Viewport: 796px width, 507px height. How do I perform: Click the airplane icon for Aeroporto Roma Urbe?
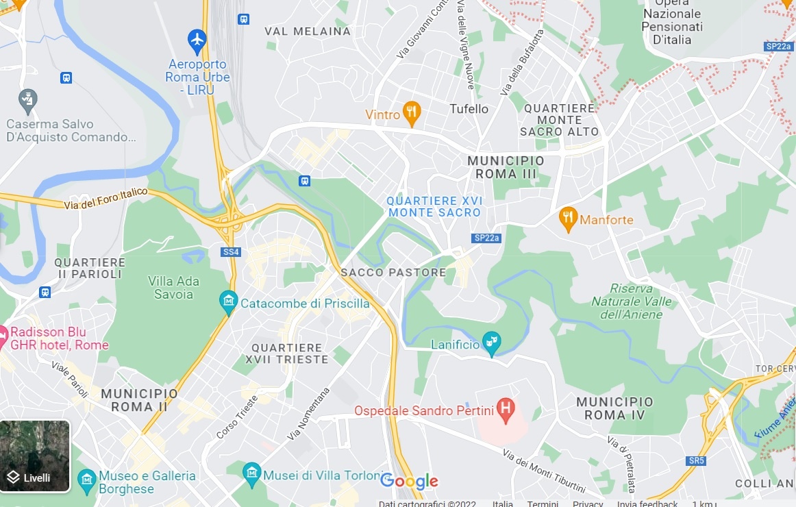pyautogui.click(x=197, y=40)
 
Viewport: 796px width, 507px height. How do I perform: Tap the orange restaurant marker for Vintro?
pyautogui.click(x=411, y=113)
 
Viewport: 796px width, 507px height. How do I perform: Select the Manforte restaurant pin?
pyautogui.click(x=568, y=219)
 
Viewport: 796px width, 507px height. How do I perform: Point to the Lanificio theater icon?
pyautogui.click(x=491, y=343)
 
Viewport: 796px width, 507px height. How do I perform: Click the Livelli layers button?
pyautogui.click(x=35, y=456)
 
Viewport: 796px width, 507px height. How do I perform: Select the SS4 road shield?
pyautogui.click(x=231, y=252)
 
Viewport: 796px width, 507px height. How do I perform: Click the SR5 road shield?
pyautogui.click(x=696, y=460)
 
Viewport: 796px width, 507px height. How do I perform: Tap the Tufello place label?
pyautogui.click(x=469, y=109)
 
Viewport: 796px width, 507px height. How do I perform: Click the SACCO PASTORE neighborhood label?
pyautogui.click(x=393, y=273)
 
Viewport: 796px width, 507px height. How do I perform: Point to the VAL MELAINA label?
pyautogui.click(x=308, y=32)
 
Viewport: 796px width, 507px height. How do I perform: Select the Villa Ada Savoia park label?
pyautogui.click(x=171, y=288)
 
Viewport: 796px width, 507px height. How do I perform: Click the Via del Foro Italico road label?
pyautogui.click(x=105, y=199)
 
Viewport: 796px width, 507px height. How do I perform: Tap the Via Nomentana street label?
pyautogui.click(x=308, y=413)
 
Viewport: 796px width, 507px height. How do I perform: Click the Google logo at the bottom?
pyautogui.click(x=409, y=482)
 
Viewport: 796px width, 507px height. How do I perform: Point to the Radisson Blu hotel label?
pyautogui.click(x=59, y=338)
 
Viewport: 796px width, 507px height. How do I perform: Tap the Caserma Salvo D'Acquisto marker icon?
pyautogui.click(x=28, y=100)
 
